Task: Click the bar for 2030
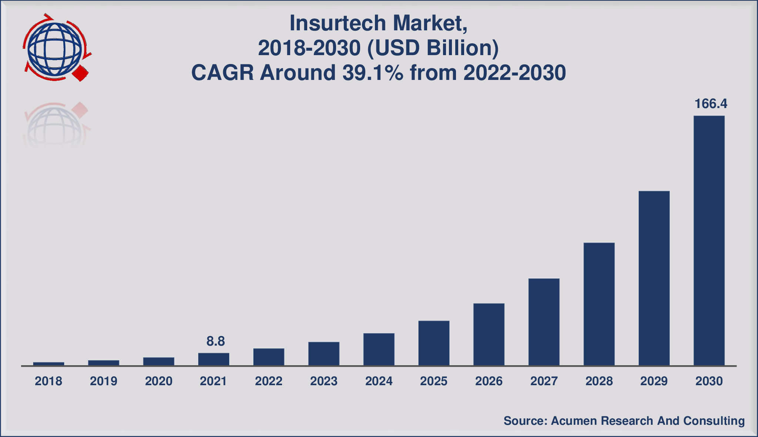tap(709, 241)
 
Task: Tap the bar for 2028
tap(599, 304)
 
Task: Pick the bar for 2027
tap(544, 322)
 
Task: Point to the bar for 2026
tap(489, 335)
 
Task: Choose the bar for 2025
tap(434, 343)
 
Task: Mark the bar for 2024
tap(379, 349)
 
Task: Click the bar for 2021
tap(214, 359)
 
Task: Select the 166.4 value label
tap(711, 104)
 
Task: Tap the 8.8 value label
tap(215, 341)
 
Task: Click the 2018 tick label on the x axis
tap(48, 381)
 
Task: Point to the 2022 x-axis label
tap(269, 381)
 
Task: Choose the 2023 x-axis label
tap(324, 381)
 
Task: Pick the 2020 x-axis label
tap(158, 381)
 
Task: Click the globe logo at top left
tap(55, 48)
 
